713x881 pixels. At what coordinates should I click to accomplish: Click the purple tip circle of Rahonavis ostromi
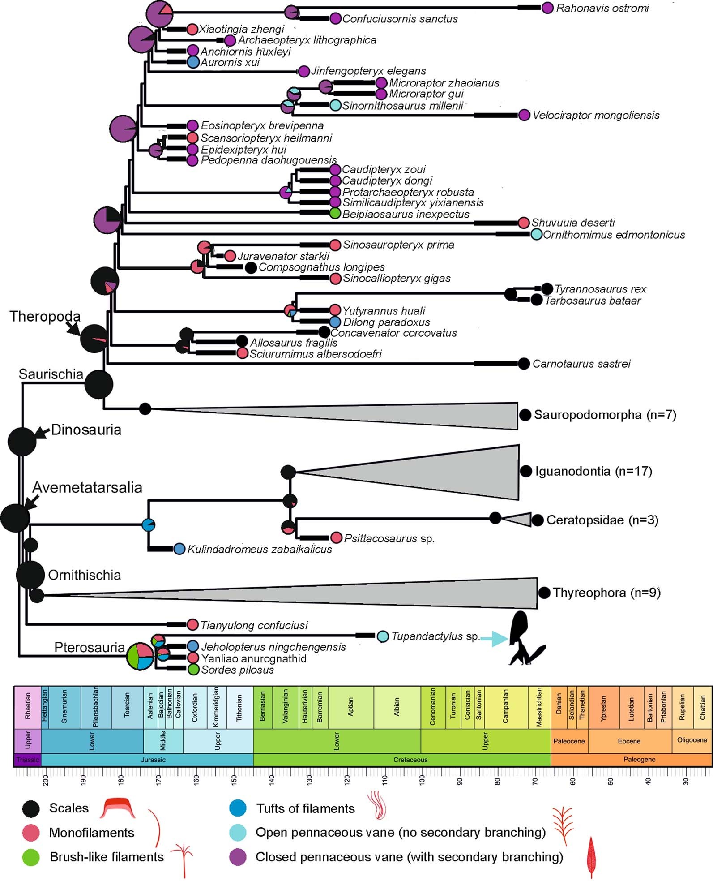[x=547, y=8]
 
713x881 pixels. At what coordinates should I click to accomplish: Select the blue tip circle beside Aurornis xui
[x=192, y=62]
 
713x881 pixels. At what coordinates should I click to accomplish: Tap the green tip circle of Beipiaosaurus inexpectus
[x=335, y=214]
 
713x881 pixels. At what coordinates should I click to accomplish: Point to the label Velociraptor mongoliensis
[x=596, y=116]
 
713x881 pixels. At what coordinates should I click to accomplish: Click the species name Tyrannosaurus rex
[x=600, y=289]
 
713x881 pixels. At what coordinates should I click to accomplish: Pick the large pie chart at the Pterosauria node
[x=140, y=657]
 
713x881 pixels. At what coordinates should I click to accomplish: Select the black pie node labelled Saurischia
[x=99, y=384]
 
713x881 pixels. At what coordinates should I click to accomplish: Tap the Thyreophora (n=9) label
[x=606, y=593]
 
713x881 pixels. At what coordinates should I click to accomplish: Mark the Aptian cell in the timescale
[x=351, y=707]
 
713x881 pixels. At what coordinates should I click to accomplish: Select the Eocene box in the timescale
[x=629, y=741]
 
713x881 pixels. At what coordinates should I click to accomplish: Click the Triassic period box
[x=27, y=760]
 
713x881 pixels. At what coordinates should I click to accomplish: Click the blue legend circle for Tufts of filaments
[x=238, y=808]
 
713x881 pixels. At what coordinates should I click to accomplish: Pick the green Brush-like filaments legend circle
[x=31, y=857]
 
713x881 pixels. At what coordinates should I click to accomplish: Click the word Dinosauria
[x=86, y=430]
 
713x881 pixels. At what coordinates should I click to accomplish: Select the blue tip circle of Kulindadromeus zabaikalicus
[x=179, y=549]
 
